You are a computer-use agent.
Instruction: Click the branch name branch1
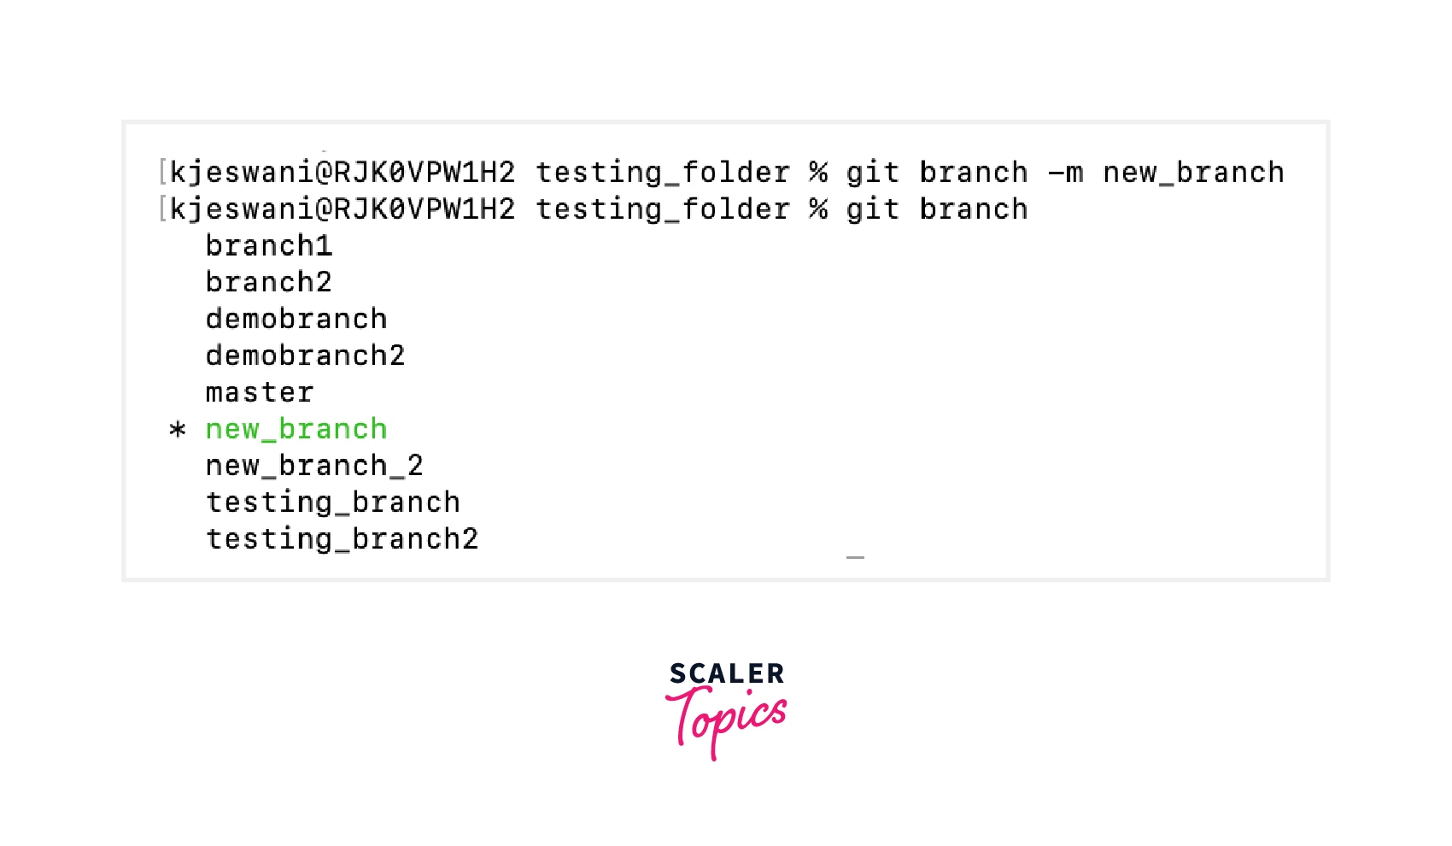269,246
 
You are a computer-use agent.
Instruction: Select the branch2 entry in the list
269,282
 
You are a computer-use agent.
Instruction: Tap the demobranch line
296,320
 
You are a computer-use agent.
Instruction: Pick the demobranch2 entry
305,355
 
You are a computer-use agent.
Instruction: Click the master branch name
260,392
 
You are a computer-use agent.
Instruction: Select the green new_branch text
296,430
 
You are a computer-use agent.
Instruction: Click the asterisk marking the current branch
177,430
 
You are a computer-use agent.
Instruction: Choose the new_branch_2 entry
314,466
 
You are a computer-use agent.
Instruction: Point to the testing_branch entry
332,502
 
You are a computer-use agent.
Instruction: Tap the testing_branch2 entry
342,539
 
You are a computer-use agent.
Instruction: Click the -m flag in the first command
1066,173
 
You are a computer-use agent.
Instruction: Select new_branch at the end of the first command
1193,173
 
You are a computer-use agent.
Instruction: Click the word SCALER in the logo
727,673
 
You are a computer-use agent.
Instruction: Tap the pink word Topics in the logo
726,721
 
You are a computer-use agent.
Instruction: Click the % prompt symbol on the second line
818,209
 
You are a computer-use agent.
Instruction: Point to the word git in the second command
873,209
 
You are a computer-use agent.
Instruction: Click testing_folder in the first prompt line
663,173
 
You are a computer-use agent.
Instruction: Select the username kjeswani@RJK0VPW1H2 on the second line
343,209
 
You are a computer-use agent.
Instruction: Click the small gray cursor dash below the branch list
855,557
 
